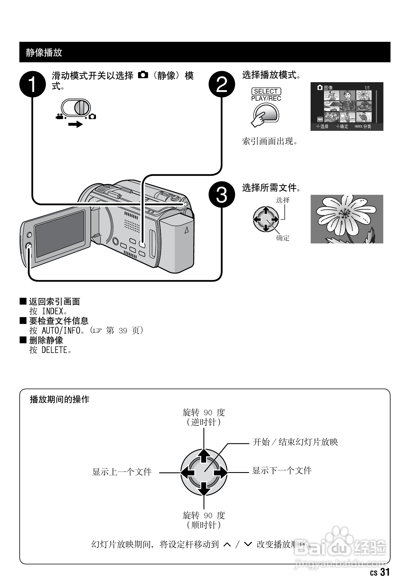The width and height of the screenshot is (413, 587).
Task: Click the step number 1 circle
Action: (32, 84)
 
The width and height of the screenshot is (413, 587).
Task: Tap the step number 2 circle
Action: (222, 84)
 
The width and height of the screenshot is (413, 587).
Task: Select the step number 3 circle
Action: (222, 195)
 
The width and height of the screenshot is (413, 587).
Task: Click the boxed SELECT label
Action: (266, 91)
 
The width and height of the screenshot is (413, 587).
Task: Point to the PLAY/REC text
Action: (266, 99)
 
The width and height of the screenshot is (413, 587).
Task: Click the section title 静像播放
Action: (44, 52)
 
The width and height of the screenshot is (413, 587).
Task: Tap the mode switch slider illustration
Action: (76, 108)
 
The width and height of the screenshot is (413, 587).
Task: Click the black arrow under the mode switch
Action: (75, 124)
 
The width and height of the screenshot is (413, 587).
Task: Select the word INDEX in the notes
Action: (53, 311)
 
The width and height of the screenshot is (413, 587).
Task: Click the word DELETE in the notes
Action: (54, 350)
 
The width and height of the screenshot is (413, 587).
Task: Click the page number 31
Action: (385, 572)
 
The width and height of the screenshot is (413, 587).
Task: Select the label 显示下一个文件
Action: (282, 471)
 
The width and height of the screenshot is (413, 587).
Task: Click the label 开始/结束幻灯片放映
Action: (295, 442)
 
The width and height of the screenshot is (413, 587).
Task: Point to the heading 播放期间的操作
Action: (59, 399)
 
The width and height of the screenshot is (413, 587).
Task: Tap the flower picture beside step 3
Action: (347, 219)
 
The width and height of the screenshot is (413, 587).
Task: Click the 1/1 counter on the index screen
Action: (367, 88)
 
